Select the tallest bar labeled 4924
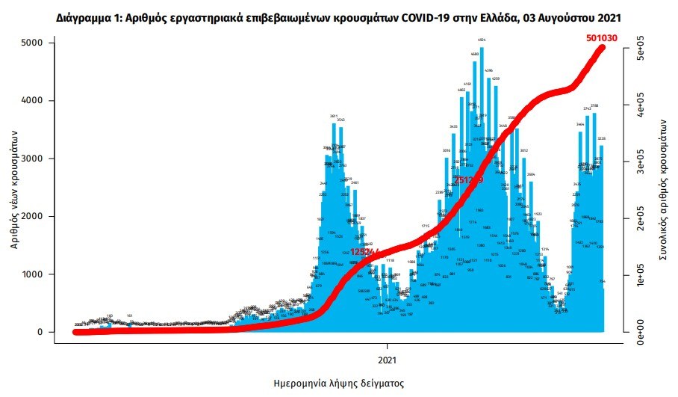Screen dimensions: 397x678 482,187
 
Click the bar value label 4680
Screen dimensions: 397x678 475,55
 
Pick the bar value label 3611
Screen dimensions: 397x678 335,117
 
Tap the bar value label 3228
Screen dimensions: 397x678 601,138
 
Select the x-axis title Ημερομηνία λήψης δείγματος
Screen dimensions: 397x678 338,384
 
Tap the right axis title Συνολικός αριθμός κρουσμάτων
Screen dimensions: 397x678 662,187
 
